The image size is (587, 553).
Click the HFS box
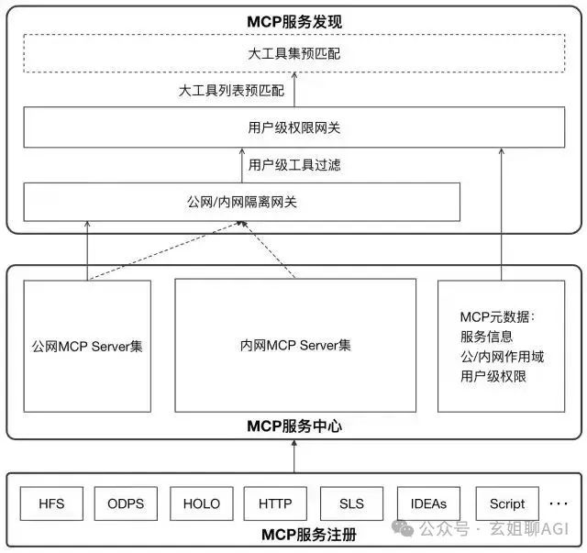(50, 503)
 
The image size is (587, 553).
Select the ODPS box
(126, 503)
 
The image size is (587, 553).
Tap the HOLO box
(201, 503)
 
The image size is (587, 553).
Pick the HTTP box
(275, 503)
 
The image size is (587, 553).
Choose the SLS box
(351, 503)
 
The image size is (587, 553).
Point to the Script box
(506, 503)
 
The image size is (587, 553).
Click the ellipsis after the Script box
(558, 503)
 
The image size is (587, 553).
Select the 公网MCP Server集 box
(87, 346)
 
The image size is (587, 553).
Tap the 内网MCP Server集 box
(295, 346)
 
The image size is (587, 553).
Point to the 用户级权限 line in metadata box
(493, 376)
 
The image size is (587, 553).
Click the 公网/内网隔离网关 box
(242, 202)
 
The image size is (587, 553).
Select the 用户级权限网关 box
(294, 127)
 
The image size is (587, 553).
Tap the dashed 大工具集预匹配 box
(294, 54)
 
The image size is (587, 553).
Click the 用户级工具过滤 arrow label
(295, 165)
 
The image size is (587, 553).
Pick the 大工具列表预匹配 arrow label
(231, 91)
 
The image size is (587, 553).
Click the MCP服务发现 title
(294, 21)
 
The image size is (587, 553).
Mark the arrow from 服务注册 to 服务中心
(294, 455)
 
